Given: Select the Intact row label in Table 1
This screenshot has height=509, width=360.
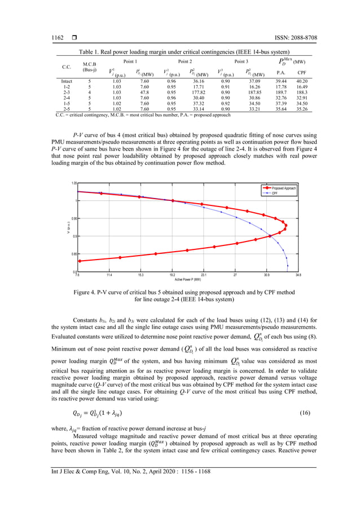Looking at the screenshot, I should (x=66, y=81).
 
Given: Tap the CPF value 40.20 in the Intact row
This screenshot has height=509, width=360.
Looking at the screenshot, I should (x=302, y=81).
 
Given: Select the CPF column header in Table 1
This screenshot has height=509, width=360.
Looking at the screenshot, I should (x=302, y=72).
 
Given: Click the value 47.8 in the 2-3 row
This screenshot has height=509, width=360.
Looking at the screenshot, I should (x=144, y=91).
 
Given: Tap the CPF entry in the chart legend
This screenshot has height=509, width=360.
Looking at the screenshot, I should (x=275, y=193).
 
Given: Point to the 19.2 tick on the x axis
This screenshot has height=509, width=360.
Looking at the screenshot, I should (x=172, y=275).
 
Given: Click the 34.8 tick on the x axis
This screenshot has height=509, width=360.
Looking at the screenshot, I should (x=298, y=275).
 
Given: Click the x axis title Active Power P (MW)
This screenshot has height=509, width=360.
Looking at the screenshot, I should (x=187, y=279).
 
